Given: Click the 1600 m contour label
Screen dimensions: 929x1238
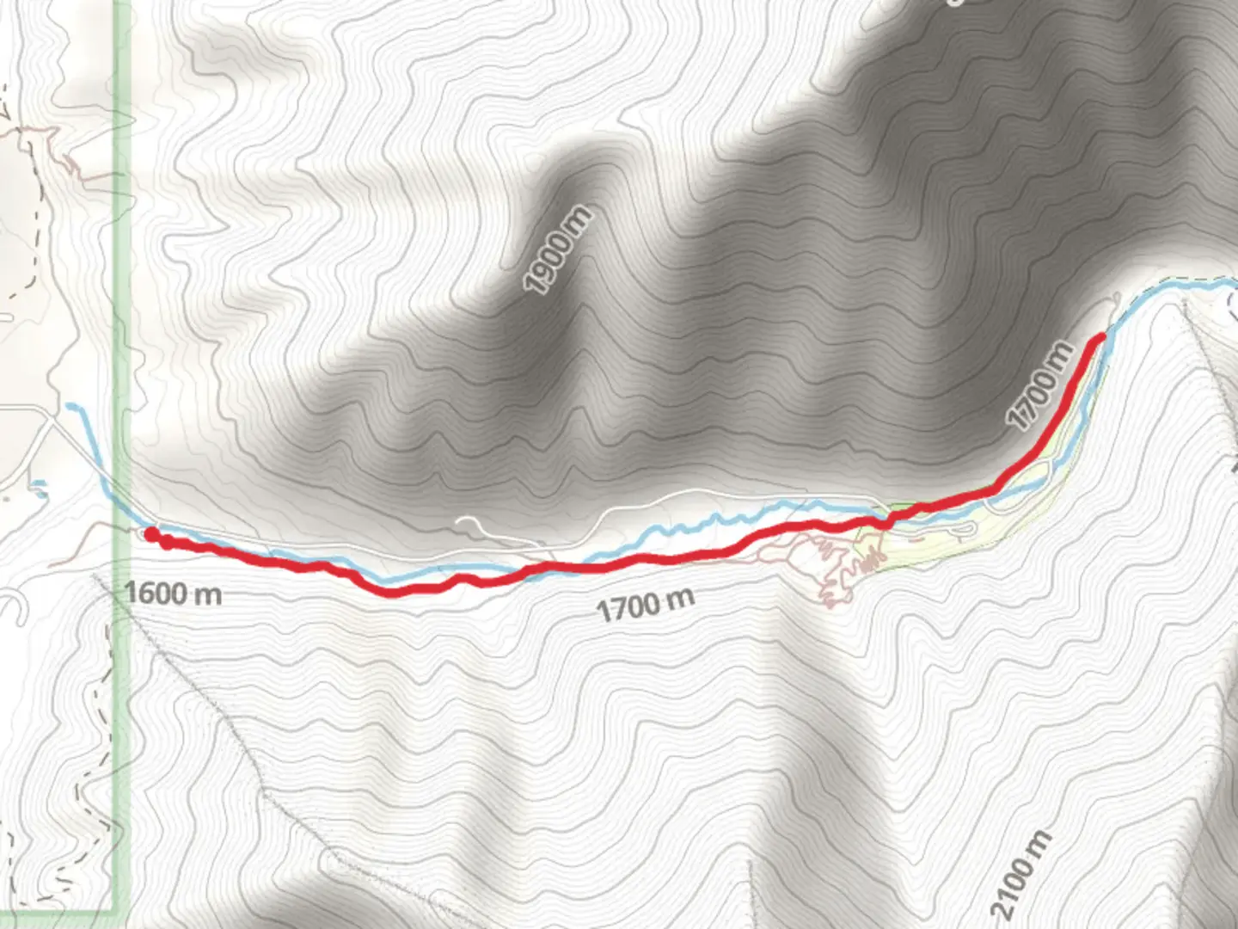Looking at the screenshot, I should (173, 593).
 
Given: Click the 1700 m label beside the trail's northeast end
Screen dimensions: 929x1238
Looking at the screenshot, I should (1041, 386).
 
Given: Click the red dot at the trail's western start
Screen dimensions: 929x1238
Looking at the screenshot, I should (150, 535).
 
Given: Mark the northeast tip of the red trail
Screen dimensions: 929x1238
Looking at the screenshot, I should (1100, 337).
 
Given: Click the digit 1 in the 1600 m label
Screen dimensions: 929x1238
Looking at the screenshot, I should (130, 593).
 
